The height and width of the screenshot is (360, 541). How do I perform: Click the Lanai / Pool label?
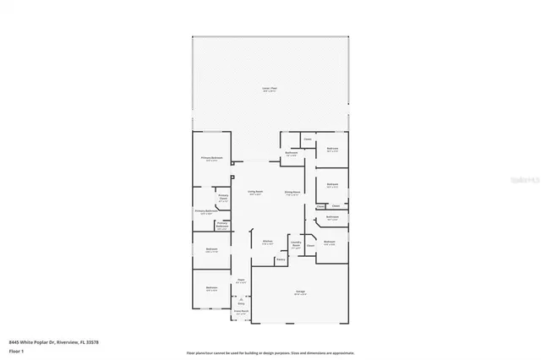point(270,88)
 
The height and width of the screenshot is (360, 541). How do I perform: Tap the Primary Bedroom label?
point(211,158)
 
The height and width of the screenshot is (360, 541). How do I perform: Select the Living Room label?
point(254,192)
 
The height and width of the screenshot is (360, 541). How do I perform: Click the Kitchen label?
point(267,242)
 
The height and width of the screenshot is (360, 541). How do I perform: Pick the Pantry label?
point(281,259)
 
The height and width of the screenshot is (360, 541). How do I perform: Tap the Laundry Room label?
point(296,243)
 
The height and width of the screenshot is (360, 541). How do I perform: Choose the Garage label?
point(299,292)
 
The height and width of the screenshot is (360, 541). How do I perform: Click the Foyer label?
point(241,280)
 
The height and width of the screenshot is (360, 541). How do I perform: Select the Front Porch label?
point(241,312)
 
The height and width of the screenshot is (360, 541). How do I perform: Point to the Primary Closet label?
point(223,199)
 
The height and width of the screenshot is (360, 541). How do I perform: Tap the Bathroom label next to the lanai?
point(291,153)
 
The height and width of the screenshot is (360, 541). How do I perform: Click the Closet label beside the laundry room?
point(311,246)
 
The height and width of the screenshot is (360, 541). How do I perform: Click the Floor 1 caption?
point(15,350)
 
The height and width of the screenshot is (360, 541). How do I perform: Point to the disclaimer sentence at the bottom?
point(270,352)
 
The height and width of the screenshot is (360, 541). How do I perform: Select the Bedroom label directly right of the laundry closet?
point(329,242)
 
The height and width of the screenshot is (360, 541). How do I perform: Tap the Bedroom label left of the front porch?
point(211,288)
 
